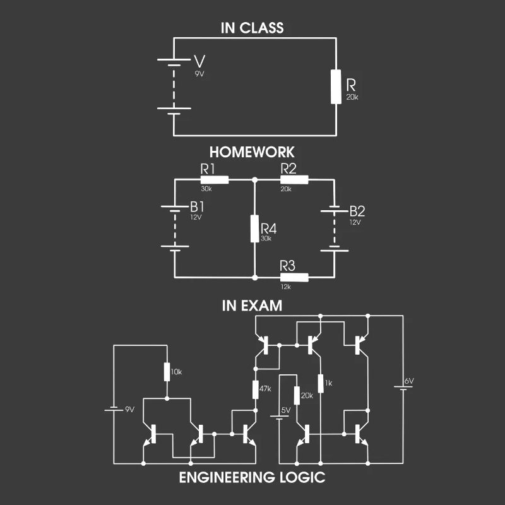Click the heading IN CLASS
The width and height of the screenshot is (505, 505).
[252, 28]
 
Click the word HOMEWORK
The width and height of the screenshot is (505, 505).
[252, 152]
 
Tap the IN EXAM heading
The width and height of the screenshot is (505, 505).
[252, 306]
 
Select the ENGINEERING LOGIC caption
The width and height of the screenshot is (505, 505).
[252, 477]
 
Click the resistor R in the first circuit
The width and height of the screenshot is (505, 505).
[335, 86]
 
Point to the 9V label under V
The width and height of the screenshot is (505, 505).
[199, 73]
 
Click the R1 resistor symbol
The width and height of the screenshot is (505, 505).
[210, 179]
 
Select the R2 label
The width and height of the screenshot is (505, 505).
[288, 169]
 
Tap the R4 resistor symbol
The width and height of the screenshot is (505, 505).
[254, 229]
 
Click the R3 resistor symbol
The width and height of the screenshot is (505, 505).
[294, 277]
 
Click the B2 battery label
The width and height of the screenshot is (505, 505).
[357, 210]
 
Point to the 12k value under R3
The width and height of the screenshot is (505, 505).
[285, 287]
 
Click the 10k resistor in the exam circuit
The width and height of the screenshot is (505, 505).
[167, 371]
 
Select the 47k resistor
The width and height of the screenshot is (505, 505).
[256, 389]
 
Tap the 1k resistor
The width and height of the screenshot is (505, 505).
[321, 383]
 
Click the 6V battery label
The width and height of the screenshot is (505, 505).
[409, 381]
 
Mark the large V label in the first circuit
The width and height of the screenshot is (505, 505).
[199, 62]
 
